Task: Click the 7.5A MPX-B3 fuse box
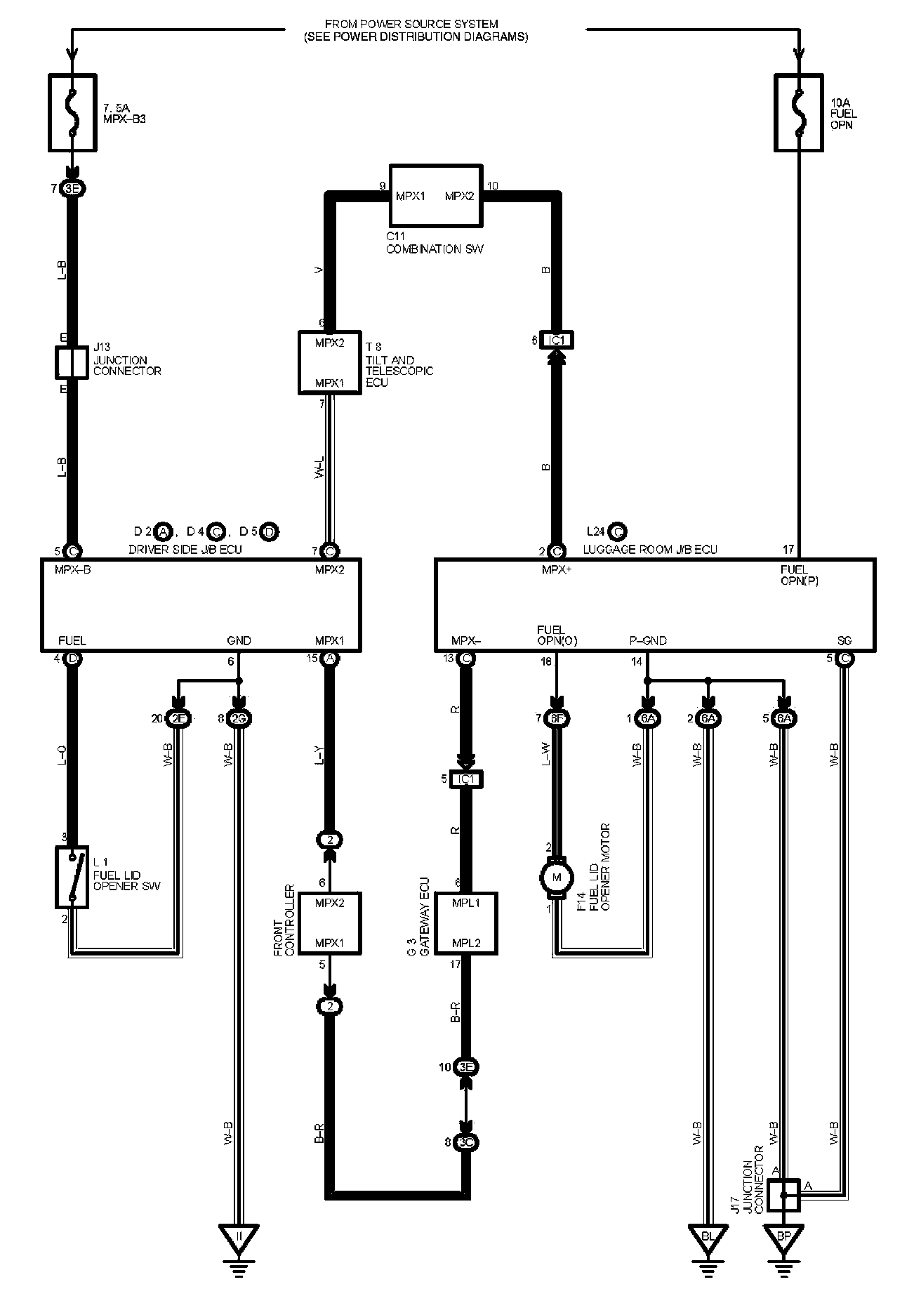[72, 112]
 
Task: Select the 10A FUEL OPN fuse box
[798, 112]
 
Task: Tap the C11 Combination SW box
[435, 196]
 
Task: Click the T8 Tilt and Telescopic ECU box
[329, 362]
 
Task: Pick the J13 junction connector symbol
[72, 362]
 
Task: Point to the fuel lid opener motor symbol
[557, 877]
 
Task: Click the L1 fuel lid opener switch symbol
[72, 877]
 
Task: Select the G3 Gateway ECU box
[466, 923]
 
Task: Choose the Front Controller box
[329, 923]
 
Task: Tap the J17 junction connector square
[783, 1195]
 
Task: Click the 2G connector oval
[239, 718]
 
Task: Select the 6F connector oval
[557, 718]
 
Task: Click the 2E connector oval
[178, 718]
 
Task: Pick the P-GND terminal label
[647, 640]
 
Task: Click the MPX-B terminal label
[72, 569]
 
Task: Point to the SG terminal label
[844, 640]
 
